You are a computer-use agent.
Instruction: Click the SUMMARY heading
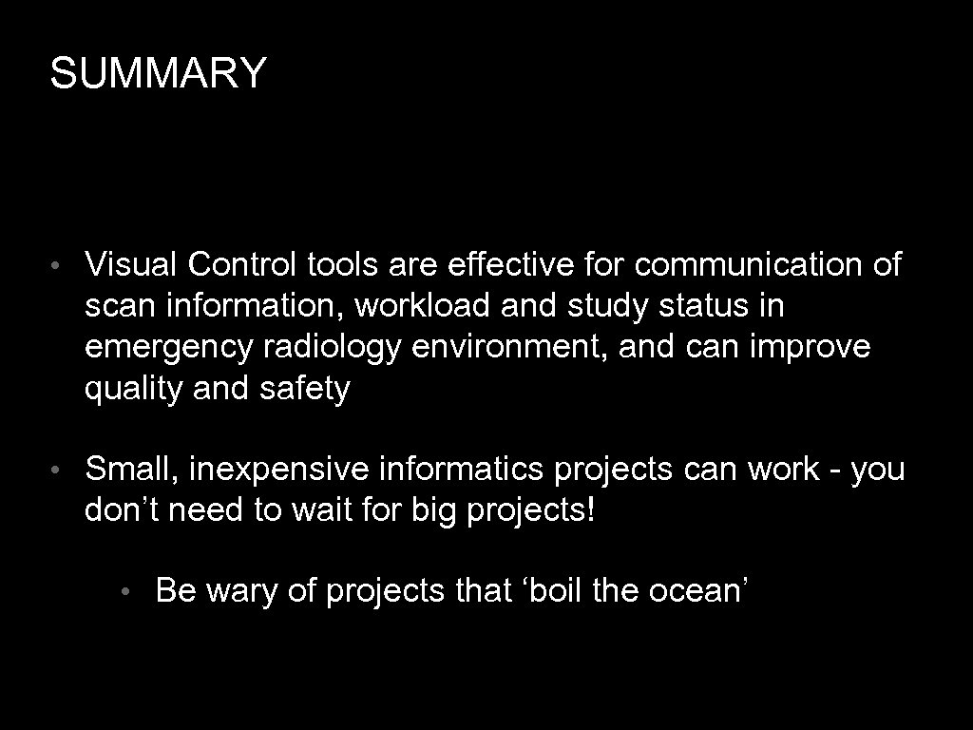pos(159,73)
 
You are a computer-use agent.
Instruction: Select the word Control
pos(242,264)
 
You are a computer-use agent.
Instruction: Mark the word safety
pos(303,390)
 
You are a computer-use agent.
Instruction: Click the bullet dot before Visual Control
pos(58,266)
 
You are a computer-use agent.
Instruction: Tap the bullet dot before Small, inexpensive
pos(58,471)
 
